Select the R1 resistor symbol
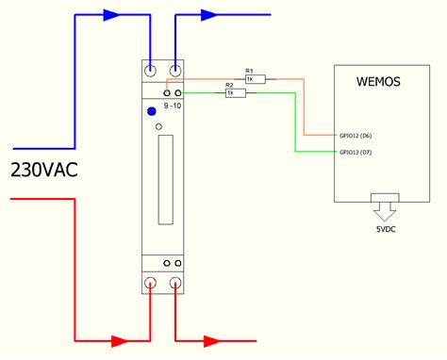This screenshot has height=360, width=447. (255, 79)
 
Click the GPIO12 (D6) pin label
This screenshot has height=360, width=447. (356, 136)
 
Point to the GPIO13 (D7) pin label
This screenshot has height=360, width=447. (356, 152)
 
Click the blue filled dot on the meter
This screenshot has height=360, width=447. (151, 112)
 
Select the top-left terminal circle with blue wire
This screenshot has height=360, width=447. (151, 70)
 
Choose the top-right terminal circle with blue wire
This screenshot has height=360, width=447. (175, 70)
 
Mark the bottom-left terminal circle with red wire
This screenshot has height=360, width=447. (151, 283)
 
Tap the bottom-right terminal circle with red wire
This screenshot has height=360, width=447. (175, 283)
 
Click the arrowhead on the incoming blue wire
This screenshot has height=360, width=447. (111, 15)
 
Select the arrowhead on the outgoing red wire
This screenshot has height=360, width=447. (212, 339)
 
